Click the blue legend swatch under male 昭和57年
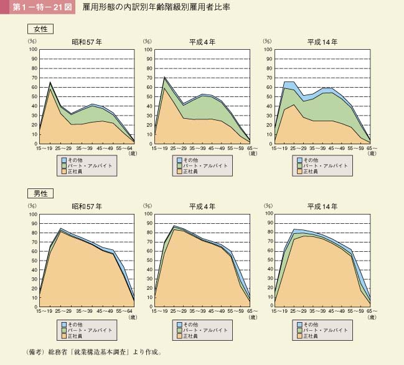pos(63,325)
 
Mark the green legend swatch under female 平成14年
pos(299,165)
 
